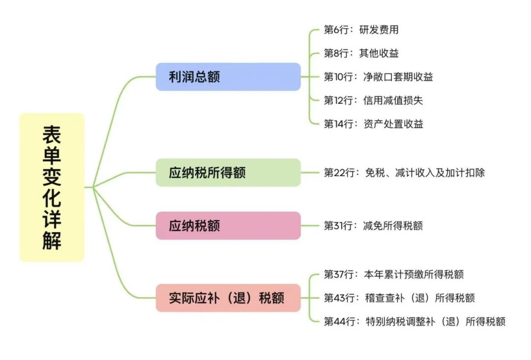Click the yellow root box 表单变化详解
point(52,187)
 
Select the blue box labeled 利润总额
point(228,77)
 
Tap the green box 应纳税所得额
point(228,173)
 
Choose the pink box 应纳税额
point(228,226)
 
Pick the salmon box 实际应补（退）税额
point(228,298)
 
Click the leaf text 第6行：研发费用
point(360,30)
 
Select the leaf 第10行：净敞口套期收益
point(378,77)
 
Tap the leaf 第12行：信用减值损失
point(373,100)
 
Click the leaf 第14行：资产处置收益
point(373,124)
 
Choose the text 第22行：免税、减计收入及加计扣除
point(404,173)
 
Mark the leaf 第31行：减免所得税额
point(373,226)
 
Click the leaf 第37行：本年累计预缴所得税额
point(393,274)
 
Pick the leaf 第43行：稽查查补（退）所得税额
point(399,298)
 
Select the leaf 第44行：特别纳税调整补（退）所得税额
point(414,322)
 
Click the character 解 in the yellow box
point(52,241)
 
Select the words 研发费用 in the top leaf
point(379,30)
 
